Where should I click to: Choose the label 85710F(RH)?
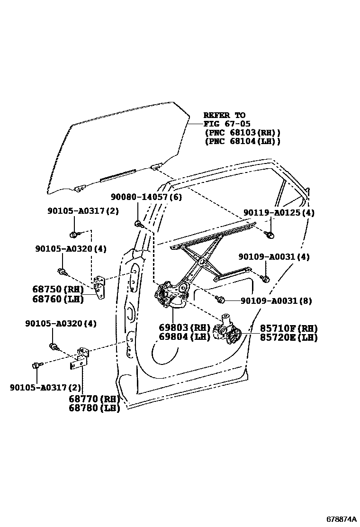point(288,328)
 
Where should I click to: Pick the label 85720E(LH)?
point(288,337)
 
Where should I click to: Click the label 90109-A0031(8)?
point(276,300)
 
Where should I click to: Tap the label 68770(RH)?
point(94,399)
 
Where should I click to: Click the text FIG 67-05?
point(225,124)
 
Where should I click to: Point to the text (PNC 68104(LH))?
point(242,141)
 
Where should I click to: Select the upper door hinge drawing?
point(100,287)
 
